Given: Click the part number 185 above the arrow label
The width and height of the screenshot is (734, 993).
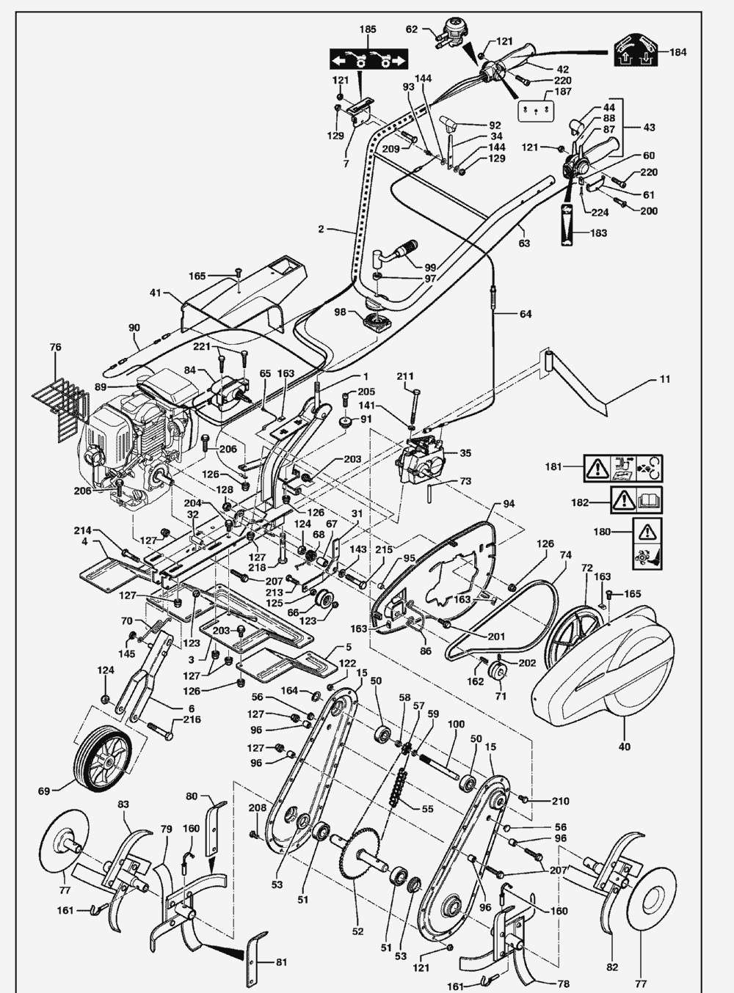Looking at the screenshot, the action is point(368,29).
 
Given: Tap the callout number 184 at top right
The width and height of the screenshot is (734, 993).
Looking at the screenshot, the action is point(677,52).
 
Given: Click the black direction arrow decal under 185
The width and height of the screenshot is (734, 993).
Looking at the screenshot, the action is point(368,59).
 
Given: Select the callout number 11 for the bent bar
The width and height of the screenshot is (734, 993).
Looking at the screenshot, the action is point(666,379).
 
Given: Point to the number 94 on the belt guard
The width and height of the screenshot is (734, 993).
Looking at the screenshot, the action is point(509,504).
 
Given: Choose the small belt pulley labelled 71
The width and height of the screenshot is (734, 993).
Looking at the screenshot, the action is point(498,673).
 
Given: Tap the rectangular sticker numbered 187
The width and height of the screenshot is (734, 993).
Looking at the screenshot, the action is point(536,111).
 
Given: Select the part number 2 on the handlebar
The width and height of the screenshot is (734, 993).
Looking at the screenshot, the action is point(321,230).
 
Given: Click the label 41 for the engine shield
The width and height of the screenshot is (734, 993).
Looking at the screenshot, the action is point(155,293).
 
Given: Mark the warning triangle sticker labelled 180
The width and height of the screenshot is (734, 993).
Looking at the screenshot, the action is point(647,544).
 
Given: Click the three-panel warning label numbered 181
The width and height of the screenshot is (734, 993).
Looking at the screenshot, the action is point(623,469).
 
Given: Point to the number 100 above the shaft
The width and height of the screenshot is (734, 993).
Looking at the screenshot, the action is point(456,724).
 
